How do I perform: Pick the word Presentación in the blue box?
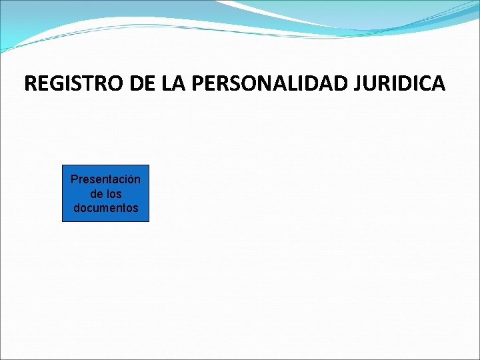point(105,180)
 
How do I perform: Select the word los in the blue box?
point(115,194)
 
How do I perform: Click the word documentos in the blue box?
point(105,208)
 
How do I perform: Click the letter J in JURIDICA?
point(361,83)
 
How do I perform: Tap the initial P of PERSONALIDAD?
point(198,83)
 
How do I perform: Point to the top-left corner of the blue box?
point(63,165)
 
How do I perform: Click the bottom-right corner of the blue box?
point(149,221)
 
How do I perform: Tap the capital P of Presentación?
point(74,180)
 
